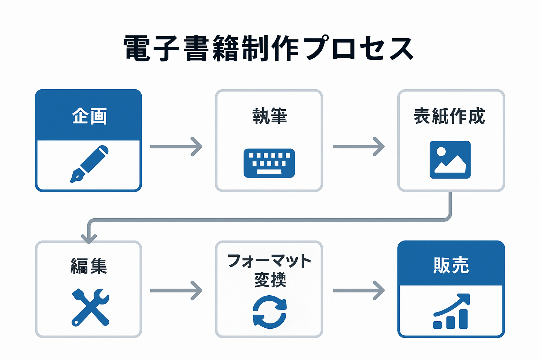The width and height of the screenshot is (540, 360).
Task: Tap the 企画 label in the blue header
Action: pyautogui.click(x=89, y=116)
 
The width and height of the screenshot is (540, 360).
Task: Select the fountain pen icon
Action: pyautogui.click(x=90, y=164)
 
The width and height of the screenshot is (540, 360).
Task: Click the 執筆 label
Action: pyautogui.click(x=270, y=116)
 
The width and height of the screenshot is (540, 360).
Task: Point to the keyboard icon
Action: pyautogui.click(x=269, y=163)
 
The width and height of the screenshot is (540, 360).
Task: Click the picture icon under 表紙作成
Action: pyautogui.click(x=450, y=160)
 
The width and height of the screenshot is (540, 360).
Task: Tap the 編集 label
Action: pyautogui.click(x=89, y=266)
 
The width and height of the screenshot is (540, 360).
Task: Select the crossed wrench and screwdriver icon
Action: pyautogui.click(x=90, y=307)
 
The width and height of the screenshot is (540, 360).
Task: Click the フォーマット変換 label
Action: pyautogui.click(x=270, y=270)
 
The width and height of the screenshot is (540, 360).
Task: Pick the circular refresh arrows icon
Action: pyautogui.click(x=270, y=312)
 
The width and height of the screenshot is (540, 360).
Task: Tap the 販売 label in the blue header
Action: pyautogui.click(x=451, y=265)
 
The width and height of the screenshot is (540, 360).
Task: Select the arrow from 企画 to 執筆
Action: pyautogui.click(x=176, y=146)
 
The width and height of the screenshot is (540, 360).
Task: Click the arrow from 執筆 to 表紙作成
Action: pyautogui.click(x=359, y=146)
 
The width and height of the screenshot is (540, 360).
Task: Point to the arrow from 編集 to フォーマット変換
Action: pyautogui.click(x=176, y=290)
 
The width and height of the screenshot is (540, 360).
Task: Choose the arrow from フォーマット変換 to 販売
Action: pyautogui.click(x=359, y=290)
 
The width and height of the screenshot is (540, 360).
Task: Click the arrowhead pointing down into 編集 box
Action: pyautogui.click(x=89, y=238)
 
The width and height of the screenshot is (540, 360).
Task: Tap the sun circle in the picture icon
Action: pyautogui.click(x=441, y=152)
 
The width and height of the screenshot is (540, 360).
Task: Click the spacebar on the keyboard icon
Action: pyautogui.click(x=269, y=172)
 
